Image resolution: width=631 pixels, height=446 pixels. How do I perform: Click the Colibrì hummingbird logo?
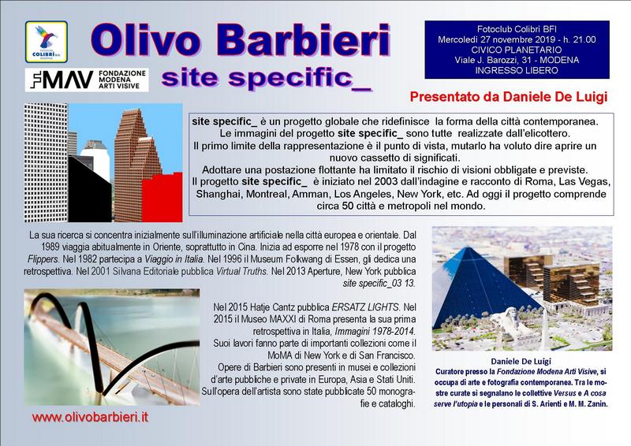[x=47, y=42]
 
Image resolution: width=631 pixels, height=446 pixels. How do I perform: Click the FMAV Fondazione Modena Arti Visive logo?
[x=87, y=80]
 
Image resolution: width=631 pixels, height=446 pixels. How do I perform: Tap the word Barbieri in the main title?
[x=304, y=40]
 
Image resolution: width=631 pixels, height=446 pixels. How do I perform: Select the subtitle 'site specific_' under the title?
[x=266, y=78]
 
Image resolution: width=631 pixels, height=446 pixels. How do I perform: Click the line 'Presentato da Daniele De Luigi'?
[x=508, y=97]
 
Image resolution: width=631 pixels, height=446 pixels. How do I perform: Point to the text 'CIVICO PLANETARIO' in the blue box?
[x=517, y=50]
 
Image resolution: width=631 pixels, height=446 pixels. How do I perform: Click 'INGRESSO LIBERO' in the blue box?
[x=517, y=70]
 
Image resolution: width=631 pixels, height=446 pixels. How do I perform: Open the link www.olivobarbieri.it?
[x=90, y=417]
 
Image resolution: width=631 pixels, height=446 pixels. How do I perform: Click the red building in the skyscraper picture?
[x=162, y=198]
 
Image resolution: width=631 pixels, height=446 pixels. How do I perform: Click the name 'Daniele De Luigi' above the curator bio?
[x=521, y=361]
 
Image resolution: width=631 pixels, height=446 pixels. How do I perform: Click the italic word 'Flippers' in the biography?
[x=43, y=259]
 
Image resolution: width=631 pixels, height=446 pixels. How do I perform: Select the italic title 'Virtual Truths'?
[x=241, y=271]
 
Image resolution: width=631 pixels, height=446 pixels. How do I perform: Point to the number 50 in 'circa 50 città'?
[x=348, y=206]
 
